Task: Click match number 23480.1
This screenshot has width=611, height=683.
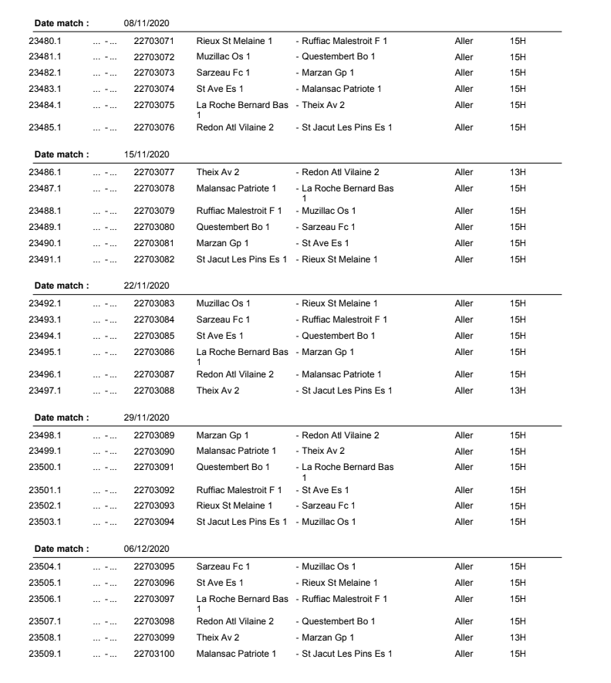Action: click(46, 40)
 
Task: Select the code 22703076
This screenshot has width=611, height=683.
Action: click(154, 127)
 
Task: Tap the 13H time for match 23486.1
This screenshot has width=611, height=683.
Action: click(517, 172)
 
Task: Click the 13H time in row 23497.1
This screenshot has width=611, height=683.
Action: click(517, 391)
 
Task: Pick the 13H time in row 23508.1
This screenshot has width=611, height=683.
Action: click(517, 637)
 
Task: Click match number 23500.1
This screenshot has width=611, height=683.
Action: click(46, 467)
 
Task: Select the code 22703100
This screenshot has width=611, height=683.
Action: click(154, 654)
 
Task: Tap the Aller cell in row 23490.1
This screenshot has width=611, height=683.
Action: click(464, 242)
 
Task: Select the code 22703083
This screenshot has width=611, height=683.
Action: click(154, 303)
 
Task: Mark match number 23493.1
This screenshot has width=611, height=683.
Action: click(46, 320)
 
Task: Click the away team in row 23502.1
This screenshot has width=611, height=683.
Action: click(329, 505)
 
